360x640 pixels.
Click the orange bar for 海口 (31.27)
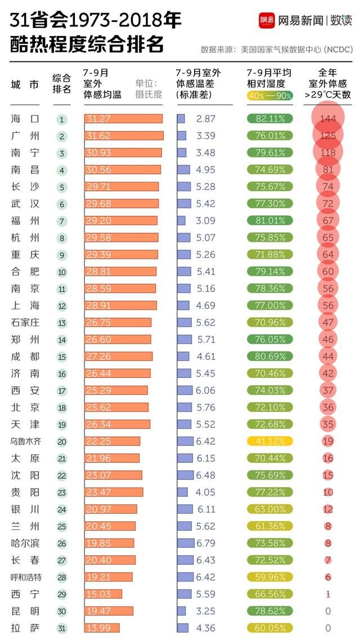[x=123, y=119]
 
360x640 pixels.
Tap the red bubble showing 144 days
[x=327, y=119]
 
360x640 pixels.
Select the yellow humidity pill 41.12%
[x=270, y=441]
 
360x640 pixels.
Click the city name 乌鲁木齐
[x=26, y=441]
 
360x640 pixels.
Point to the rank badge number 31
[x=62, y=628]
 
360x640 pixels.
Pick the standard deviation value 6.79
[x=206, y=543]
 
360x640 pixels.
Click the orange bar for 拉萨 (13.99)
[x=102, y=628]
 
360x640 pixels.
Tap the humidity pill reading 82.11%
[x=270, y=119]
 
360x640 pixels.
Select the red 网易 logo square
[x=267, y=21]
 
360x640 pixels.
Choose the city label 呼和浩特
[x=26, y=577]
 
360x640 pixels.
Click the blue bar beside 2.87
[x=181, y=119]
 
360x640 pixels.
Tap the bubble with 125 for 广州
[x=327, y=136]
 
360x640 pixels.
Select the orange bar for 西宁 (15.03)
[x=103, y=594]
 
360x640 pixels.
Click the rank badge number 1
[x=62, y=119]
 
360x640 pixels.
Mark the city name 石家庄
[x=26, y=323]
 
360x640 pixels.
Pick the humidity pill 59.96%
[x=270, y=577]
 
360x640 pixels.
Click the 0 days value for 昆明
[x=328, y=611]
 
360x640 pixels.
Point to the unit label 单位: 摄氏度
[x=148, y=89]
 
